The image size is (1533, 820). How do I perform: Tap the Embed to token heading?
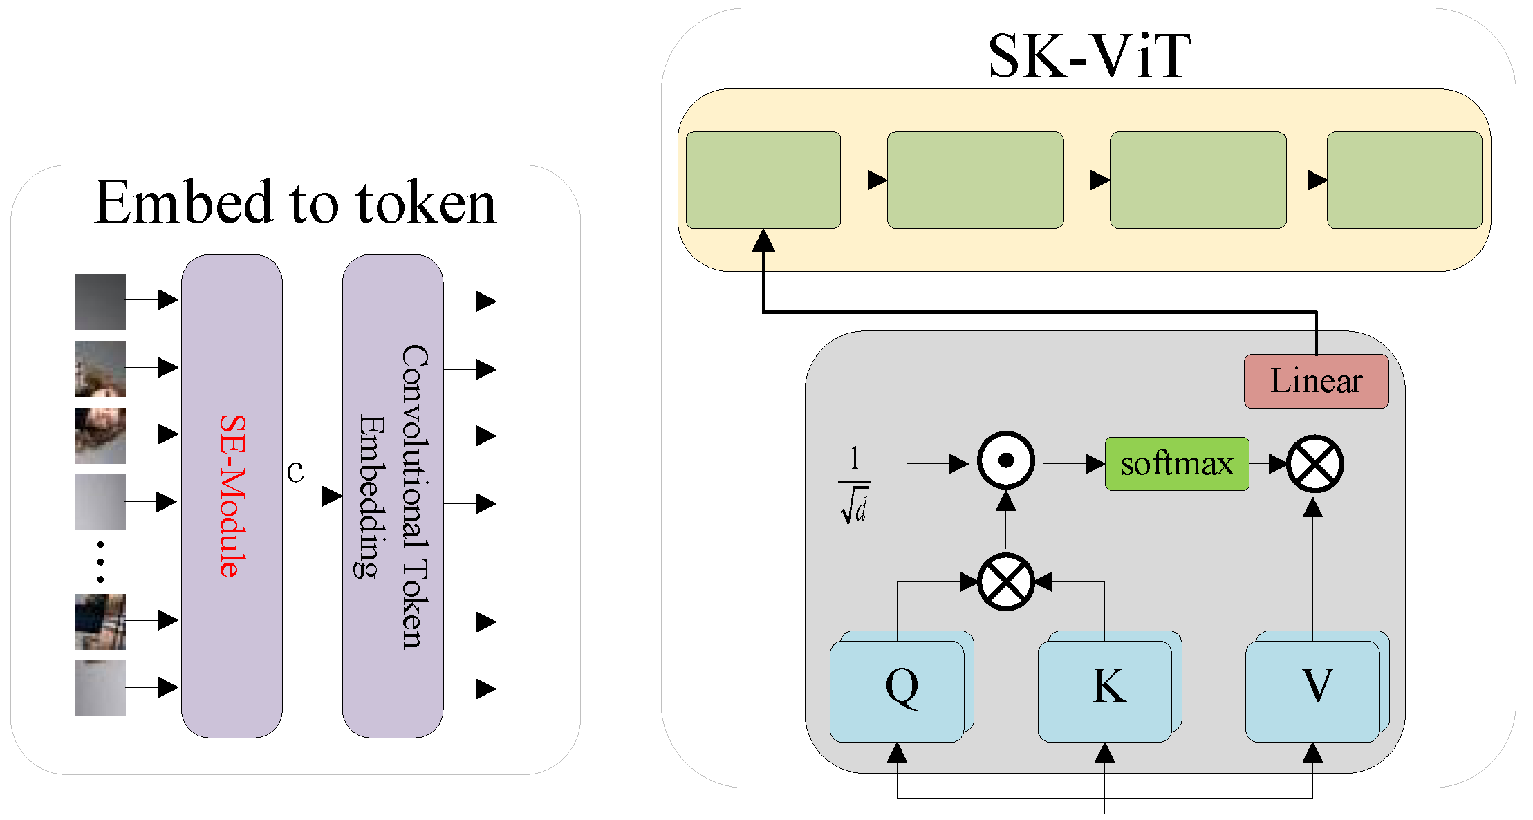[295, 202]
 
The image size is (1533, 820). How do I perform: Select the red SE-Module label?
[233, 496]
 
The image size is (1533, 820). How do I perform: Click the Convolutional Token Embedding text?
[393, 496]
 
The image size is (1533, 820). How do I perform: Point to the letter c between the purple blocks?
[295, 472]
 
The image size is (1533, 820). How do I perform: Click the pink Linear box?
[1316, 381]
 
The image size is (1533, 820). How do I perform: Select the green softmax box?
[1177, 464]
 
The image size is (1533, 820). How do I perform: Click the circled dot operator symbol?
[1005, 460]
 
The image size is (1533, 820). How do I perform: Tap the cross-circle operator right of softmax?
[1314, 464]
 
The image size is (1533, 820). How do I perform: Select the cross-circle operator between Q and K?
[1005, 581]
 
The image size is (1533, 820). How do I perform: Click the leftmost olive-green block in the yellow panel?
[763, 180]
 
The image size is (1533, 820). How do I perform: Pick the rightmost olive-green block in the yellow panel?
[1404, 180]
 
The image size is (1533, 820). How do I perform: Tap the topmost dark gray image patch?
[100, 302]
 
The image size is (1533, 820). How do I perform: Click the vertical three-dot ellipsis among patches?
[100, 561]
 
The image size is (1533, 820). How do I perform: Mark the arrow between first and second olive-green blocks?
[864, 180]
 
